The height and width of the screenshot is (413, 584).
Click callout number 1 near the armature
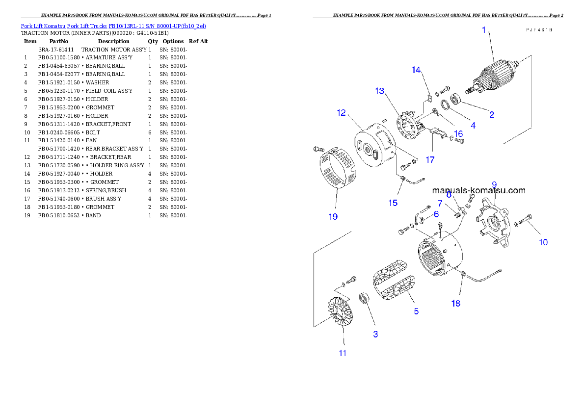pyautogui.click(x=483, y=30)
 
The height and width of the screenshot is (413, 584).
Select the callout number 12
pyautogui.click(x=342, y=113)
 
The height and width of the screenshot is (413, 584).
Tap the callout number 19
pyautogui.click(x=333, y=216)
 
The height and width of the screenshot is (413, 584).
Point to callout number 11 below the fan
pyautogui.click(x=343, y=353)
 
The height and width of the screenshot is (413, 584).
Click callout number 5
pyautogui.click(x=416, y=311)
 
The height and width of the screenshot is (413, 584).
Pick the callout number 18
pyautogui.click(x=456, y=303)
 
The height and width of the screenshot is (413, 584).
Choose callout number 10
pyautogui.click(x=543, y=242)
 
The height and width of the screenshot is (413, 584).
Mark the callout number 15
pyautogui.click(x=393, y=203)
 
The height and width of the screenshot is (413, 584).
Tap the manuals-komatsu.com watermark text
pyautogui.click(x=478, y=190)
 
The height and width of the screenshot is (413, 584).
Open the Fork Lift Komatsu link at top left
pyautogui.click(x=113, y=26)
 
